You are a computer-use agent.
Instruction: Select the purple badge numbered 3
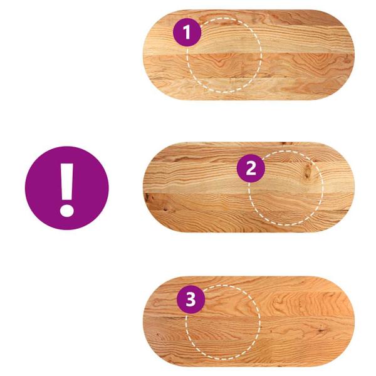(x=191, y=300)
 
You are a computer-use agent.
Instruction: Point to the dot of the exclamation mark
(x=66, y=208)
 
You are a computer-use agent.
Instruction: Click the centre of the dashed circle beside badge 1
(x=224, y=55)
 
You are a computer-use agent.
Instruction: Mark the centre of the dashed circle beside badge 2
(x=286, y=187)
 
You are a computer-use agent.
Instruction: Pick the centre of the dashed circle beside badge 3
(x=222, y=323)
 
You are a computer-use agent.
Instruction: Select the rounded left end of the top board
(x=157, y=55)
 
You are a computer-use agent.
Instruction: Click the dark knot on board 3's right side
(x=321, y=328)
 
